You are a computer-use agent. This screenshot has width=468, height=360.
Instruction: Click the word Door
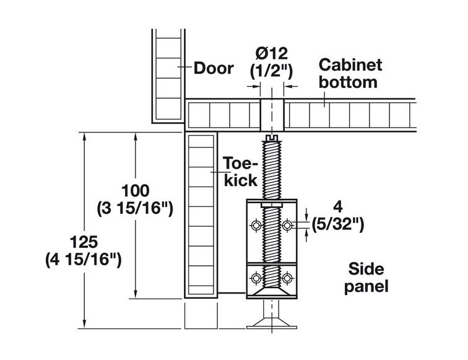coord(214,68)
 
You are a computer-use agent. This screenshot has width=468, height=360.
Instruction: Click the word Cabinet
coord(350,65)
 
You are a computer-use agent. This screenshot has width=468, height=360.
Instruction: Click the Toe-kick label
coord(240,172)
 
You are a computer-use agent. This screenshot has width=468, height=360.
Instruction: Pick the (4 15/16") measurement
coord(82,260)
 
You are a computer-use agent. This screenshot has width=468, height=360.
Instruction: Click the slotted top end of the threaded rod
coord(271,138)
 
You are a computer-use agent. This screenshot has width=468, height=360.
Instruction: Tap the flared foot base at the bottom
coord(271,322)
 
